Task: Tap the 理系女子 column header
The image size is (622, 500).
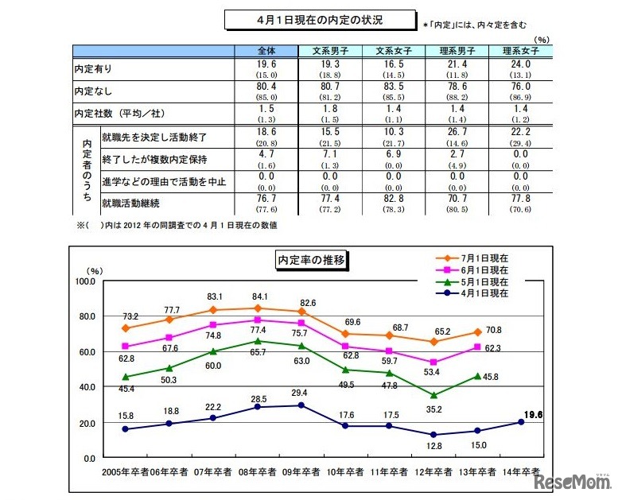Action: coord(520,51)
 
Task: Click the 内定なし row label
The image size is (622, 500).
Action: coord(89,93)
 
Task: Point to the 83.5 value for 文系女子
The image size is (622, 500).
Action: coord(392,92)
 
